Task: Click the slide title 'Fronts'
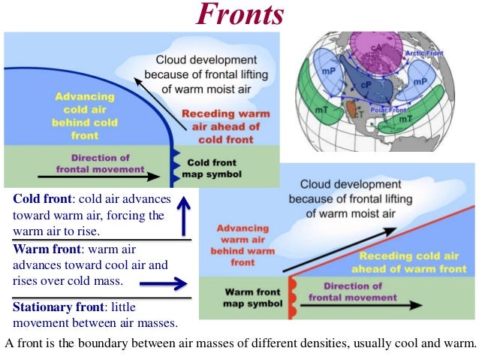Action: pos(239,15)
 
